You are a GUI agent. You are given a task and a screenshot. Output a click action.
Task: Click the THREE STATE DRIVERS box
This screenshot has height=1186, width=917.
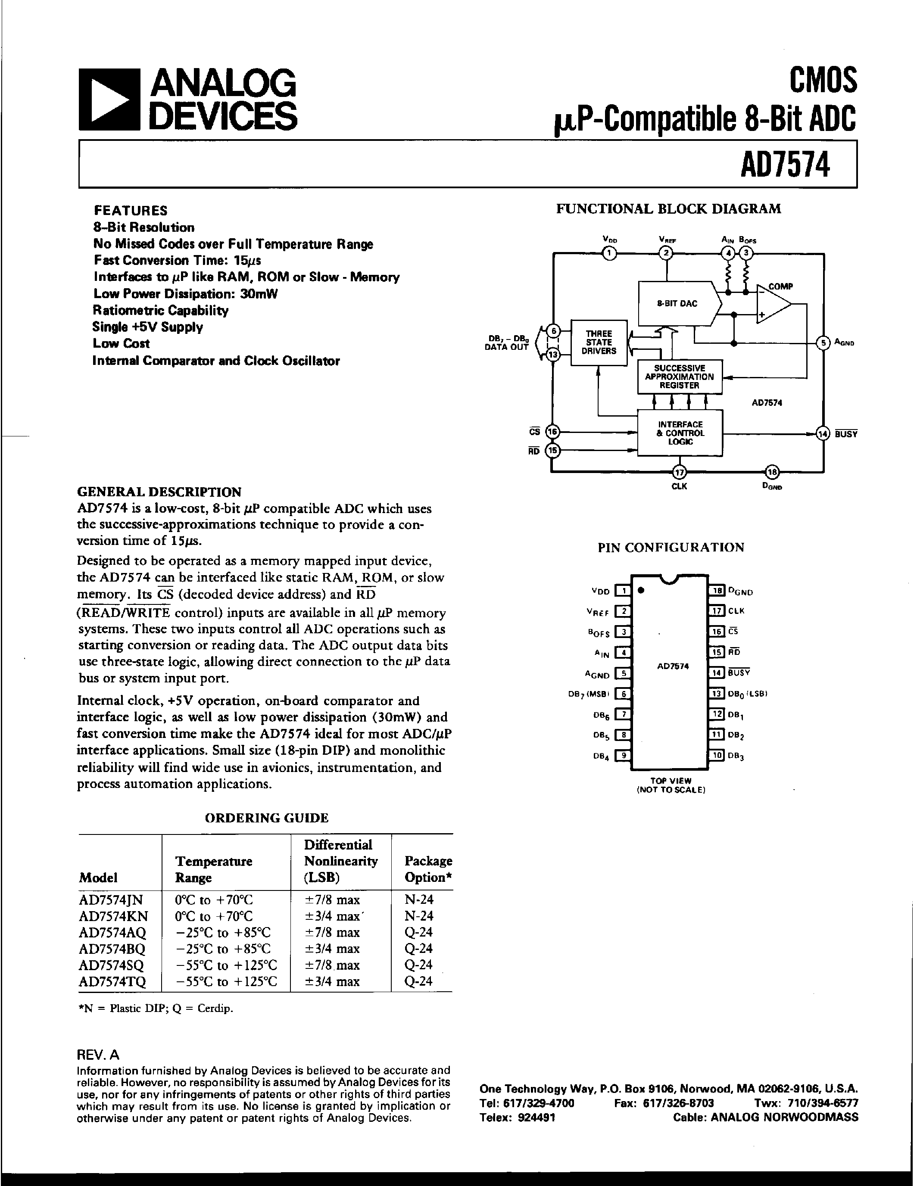tap(599, 342)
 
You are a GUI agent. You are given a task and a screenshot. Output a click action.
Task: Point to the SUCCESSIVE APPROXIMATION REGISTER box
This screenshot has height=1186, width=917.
tap(679, 377)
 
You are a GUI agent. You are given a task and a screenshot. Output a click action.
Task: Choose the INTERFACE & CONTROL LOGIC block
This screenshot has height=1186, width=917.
tap(680, 433)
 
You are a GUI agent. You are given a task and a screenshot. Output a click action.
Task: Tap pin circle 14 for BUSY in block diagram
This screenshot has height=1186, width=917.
tap(823, 433)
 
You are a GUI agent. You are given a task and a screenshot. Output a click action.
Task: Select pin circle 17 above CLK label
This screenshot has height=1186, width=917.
tap(679, 471)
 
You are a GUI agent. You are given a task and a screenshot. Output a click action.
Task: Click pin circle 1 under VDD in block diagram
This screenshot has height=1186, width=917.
tap(609, 252)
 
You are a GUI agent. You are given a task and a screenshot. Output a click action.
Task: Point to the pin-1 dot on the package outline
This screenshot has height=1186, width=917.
tap(642, 590)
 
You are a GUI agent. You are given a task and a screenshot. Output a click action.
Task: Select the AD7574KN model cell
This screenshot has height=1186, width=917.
tap(113, 916)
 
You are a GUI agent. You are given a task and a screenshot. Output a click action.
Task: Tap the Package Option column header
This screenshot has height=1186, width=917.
tap(427, 869)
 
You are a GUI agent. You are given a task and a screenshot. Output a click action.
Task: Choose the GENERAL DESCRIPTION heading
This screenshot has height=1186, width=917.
tap(159, 492)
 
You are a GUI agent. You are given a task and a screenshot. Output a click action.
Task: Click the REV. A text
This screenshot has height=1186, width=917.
tap(98, 1055)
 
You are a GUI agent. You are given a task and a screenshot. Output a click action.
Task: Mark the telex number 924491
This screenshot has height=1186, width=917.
tap(534, 1117)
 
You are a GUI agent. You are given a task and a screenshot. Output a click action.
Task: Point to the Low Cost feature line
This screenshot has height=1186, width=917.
tap(121, 343)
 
